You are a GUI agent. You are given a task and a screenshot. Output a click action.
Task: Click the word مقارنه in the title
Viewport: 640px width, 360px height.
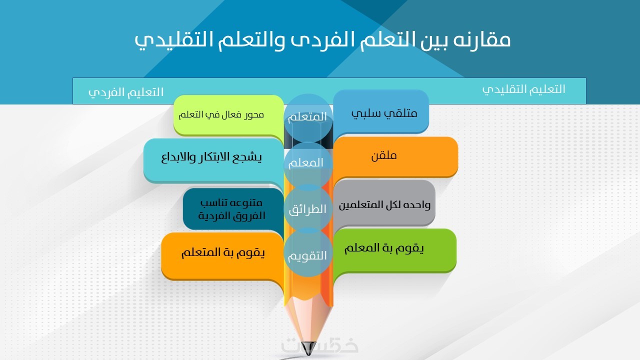482,39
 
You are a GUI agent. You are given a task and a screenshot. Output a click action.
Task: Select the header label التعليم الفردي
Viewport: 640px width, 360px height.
125,92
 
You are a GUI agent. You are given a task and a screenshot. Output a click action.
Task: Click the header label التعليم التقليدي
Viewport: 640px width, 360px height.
523,89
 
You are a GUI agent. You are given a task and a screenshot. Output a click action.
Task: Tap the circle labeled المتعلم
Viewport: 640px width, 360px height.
308,117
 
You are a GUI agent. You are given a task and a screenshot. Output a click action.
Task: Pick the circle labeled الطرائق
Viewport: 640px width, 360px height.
308,208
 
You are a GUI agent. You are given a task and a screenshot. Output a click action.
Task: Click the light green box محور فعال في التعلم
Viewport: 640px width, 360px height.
228,115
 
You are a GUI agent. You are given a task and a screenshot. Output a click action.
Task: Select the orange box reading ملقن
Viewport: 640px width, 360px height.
395,156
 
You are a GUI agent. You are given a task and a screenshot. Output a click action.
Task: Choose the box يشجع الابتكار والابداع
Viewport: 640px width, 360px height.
213,160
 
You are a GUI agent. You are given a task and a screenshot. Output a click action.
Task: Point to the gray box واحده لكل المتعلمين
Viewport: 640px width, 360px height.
384,203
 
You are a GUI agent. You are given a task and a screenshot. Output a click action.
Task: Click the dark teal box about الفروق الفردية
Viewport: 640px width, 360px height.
233,209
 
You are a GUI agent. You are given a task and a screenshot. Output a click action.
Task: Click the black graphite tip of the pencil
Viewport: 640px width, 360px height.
308,348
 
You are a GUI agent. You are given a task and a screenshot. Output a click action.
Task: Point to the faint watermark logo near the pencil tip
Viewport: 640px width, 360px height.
319,345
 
